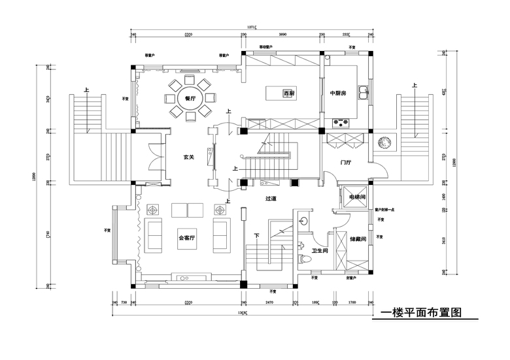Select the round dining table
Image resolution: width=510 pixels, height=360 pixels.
coord(190,99)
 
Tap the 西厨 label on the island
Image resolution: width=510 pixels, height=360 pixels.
coord(288,93)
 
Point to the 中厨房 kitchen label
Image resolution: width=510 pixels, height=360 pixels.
coord(337,93)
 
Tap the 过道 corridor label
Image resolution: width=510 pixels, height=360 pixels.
coord(273,197)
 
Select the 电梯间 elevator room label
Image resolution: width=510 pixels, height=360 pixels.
coord(356,197)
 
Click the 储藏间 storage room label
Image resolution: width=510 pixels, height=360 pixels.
coord(357,239)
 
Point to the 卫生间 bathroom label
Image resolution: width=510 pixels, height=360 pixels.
coord(318,251)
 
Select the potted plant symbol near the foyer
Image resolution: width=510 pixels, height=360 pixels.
coord(384,143)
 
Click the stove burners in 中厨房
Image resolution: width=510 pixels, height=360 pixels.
coord(341,121)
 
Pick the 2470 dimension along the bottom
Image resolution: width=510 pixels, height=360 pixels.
coord(268,303)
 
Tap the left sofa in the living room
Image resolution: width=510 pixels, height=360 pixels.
coord(156,236)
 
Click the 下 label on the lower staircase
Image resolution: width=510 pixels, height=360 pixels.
coord(257,236)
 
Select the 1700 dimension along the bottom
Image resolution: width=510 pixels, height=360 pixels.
coord(352,303)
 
